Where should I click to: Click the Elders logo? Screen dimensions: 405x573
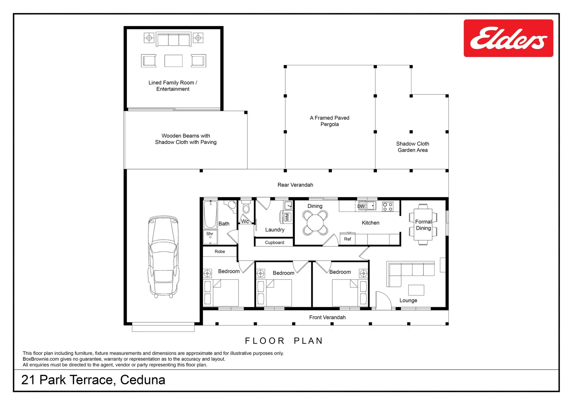[508, 38]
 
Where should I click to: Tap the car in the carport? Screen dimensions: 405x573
[163, 257]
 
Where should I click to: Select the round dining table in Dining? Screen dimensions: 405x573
[315, 223]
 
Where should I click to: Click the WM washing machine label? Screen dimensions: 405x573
[287, 217]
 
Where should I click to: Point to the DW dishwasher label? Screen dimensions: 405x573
[361, 206]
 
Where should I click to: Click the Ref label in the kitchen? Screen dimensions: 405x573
[347, 239]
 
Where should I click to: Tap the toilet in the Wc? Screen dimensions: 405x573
[246, 208]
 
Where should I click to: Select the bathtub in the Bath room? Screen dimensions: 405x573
[210, 214]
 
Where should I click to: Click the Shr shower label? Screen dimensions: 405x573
[210, 234]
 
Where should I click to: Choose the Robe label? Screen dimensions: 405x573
[220, 252]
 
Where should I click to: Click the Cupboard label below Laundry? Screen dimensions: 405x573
[274, 243]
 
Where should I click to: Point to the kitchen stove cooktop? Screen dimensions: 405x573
[388, 207]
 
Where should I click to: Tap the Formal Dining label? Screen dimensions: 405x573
[423, 225]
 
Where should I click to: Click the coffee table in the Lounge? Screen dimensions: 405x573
[416, 290]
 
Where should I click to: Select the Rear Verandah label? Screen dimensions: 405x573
[295, 185]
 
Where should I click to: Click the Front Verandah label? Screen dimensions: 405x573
[327, 317]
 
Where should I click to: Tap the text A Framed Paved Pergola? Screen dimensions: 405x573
[329, 121]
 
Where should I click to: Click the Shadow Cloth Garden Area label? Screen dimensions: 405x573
[412, 147]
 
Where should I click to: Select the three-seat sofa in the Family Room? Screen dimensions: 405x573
[174, 39]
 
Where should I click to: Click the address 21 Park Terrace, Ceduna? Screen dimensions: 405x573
[93, 380]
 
